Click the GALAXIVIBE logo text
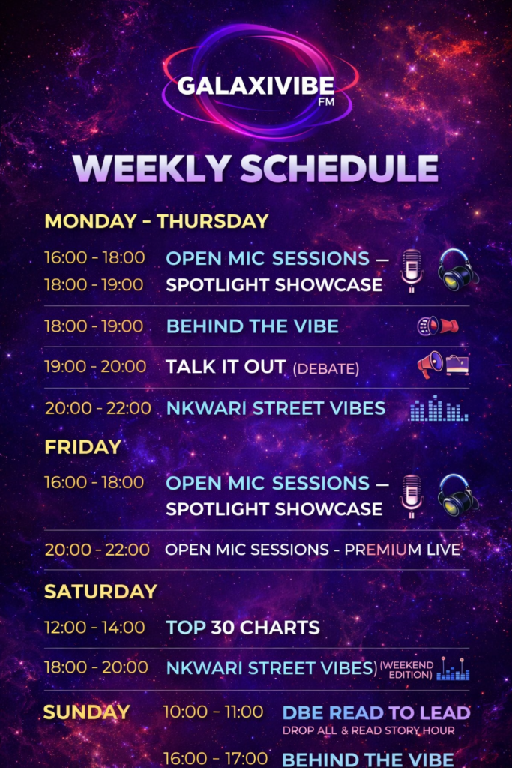click(256, 85)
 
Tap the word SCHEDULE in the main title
click(339, 169)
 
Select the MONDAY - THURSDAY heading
click(157, 221)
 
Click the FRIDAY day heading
click(82, 447)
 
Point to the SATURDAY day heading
click(101, 592)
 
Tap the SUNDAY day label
click(87, 712)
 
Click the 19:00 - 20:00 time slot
click(95, 366)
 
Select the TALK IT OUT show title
click(226, 366)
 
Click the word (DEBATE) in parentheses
click(326, 368)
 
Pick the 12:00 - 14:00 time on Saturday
click(95, 628)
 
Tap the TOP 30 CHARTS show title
click(243, 628)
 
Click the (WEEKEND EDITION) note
click(407, 670)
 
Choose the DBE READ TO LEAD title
click(376, 712)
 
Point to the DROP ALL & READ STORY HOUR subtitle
click(369, 730)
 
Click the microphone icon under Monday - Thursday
click(412, 270)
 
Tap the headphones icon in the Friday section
click(458, 495)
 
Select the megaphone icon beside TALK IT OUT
click(430, 364)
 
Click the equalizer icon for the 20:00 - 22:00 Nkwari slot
click(439, 408)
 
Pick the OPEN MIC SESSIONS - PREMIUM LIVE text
click(313, 550)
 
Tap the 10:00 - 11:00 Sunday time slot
click(214, 712)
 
